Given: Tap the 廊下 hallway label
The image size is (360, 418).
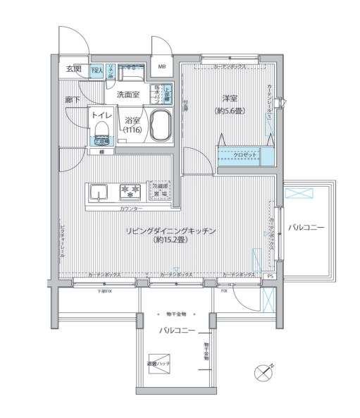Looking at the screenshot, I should tap(72, 101).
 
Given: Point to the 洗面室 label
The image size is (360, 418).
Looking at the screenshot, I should tap(128, 94).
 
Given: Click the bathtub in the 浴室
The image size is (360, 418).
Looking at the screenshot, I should tap(161, 125).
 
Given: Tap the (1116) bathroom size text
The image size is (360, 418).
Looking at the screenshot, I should tap(132, 130).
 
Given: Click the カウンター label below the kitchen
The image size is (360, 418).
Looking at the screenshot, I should tap(130, 209).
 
